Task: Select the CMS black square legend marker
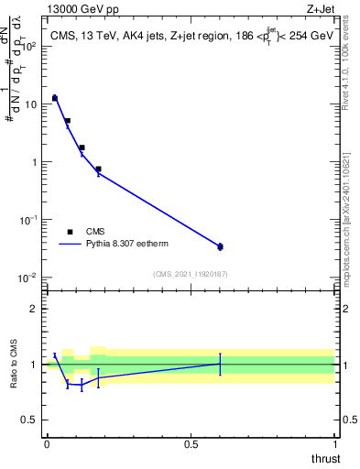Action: [70, 232]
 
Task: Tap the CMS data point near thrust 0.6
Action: [220, 246]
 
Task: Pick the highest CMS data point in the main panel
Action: [55, 97]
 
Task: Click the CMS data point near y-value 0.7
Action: [98, 169]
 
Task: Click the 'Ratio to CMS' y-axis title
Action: [14, 365]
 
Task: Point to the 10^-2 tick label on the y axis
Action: [28, 278]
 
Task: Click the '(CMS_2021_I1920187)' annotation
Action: [190, 273]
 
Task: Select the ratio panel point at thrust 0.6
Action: [220, 364]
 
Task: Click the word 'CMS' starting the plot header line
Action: [62, 37]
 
